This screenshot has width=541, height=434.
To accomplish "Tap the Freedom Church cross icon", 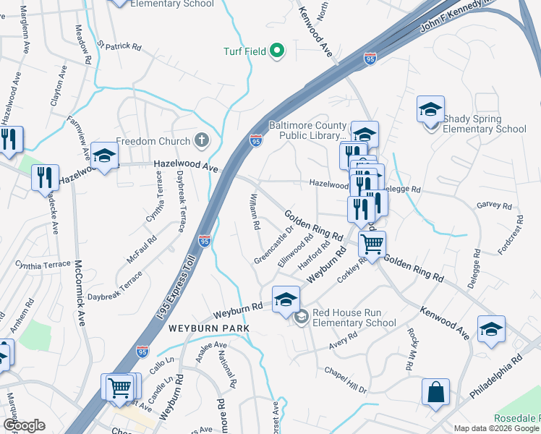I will point(202,141).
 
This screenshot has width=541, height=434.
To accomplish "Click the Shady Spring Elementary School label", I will point(484,124).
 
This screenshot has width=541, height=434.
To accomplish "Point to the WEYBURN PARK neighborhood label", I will point(209,328).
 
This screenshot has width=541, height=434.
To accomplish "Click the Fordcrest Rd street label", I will point(510,234).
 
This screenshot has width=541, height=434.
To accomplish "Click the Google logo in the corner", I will point(24,425).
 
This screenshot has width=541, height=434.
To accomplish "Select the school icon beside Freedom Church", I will point(104,156).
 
